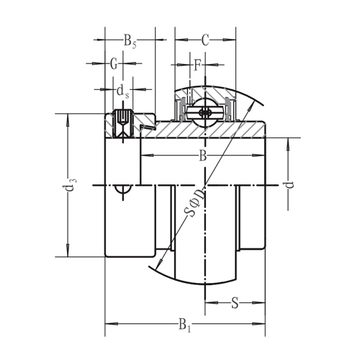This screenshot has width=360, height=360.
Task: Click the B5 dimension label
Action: click(x=130, y=41)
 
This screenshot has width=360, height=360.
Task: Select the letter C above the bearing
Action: click(x=205, y=41)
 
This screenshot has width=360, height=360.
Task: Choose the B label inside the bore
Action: click(x=203, y=156)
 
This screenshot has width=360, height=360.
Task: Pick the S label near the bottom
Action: click(x=235, y=303)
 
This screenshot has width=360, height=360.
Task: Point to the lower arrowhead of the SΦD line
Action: click(x=159, y=267)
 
